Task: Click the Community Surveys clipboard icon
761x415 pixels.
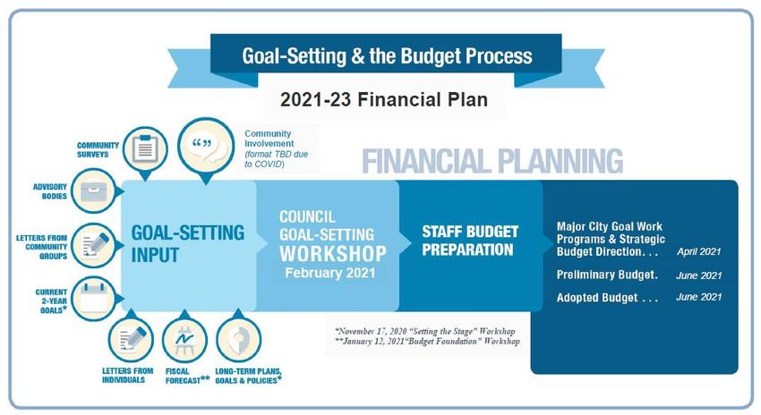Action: point(145,148)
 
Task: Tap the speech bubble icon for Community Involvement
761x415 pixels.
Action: point(206,145)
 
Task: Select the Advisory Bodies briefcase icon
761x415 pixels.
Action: point(94,191)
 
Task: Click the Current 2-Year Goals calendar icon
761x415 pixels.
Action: point(93,299)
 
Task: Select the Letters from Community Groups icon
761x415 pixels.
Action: point(93,245)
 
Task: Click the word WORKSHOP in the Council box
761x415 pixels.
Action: point(333,253)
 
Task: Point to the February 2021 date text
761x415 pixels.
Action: point(330,273)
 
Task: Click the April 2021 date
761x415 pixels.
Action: point(699,251)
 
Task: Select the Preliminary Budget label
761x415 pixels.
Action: point(607,275)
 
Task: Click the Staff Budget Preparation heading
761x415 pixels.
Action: point(469,241)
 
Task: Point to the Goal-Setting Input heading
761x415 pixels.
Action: point(188,244)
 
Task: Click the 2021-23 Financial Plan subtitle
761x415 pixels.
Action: point(384,99)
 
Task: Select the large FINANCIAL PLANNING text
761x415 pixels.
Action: point(492,162)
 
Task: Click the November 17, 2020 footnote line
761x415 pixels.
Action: point(425,332)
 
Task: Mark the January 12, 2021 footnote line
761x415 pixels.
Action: point(428,342)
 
